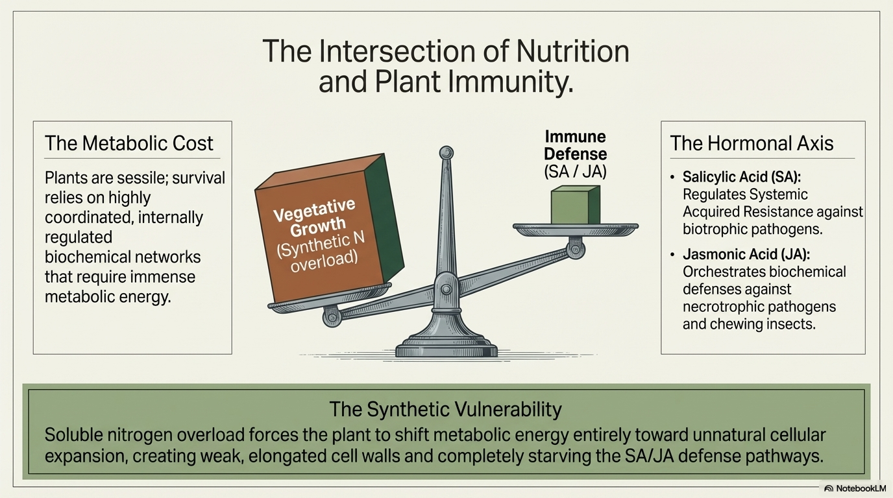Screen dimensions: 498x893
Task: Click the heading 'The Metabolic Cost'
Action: pyautogui.click(x=128, y=143)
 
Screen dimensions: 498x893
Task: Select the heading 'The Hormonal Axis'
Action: pyautogui.click(x=752, y=143)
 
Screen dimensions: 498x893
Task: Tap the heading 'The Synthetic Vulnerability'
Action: pyautogui.click(x=445, y=409)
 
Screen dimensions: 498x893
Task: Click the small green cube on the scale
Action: pyautogui.click(x=575, y=205)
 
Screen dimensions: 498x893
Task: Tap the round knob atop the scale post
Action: pyautogui.click(x=446, y=153)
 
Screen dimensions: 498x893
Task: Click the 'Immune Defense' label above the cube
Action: pyautogui.click(x=575, y=145)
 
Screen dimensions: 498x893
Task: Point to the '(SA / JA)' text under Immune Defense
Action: pyautogui.click(x=575, y=172)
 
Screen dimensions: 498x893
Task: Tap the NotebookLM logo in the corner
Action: pyautogui.click(x=855, y=488)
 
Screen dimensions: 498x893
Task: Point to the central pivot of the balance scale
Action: pyautogui.click(x=446, y=285)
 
